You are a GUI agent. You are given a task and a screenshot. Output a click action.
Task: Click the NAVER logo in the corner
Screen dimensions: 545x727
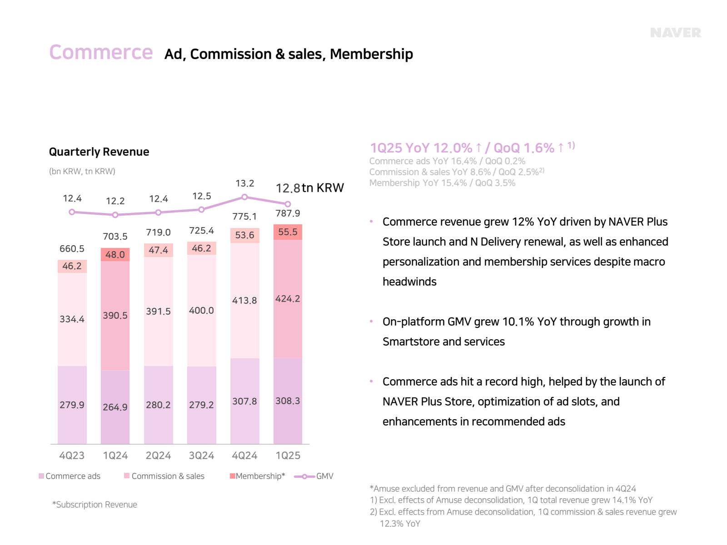click(x=675, y=33)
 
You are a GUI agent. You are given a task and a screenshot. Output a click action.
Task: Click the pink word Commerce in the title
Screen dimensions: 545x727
click(x=101, y=52)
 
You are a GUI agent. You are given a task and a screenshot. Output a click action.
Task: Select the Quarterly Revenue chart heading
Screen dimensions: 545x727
click(x=99, y=152)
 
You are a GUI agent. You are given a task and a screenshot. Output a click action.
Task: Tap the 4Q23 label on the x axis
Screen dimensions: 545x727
click(x=72, y=456)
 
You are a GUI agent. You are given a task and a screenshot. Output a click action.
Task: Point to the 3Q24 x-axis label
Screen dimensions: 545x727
click(x=201, y=456)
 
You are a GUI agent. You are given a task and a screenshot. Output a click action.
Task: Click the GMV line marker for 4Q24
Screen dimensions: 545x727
click(x=244, y=197)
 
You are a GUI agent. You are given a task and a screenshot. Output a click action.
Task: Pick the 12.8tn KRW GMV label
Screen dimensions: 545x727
click(x=309, y=188)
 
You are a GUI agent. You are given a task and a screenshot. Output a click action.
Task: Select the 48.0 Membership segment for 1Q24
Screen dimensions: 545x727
click(x=115, y=254)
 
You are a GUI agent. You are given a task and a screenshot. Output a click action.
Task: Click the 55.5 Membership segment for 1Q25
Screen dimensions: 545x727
click(x=288, y=232)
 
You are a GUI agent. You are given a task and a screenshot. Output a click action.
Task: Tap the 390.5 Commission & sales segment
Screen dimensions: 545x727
click(x=115, y=315)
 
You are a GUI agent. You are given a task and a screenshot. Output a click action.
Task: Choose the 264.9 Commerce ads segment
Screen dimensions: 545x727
click(x=115, y=407)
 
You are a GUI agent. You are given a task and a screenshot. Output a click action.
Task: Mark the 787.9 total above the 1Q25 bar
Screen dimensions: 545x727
click(x=288, y=213)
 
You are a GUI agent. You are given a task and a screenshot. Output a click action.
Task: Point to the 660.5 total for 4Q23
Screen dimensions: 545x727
click(x=72, y=249)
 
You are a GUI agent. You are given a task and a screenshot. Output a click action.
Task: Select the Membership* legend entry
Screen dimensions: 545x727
click(x=258, y=476)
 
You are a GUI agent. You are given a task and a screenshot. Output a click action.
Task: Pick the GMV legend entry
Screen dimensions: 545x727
click(x=314, y=476)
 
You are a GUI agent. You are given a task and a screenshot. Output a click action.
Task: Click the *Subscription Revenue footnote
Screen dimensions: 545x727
click(x=95, y=505)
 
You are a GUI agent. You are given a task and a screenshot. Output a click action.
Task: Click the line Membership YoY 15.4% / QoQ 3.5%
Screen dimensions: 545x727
click(x=442, y=183)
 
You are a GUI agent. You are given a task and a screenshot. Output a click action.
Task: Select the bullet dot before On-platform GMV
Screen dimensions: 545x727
click(x=371, y=322)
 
